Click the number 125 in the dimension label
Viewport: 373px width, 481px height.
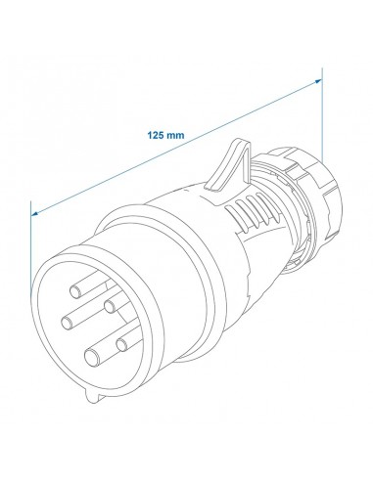point(156,135)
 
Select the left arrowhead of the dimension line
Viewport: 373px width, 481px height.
point(35,213)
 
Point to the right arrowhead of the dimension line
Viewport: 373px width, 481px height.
point(317,81)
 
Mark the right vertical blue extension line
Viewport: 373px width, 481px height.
point(322,114)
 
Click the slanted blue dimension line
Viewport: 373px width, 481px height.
point(176,148)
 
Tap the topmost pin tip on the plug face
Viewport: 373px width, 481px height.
point(76,291)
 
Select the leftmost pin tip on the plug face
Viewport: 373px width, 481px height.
point(68,323)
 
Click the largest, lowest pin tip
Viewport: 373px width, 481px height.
point(92,358)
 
